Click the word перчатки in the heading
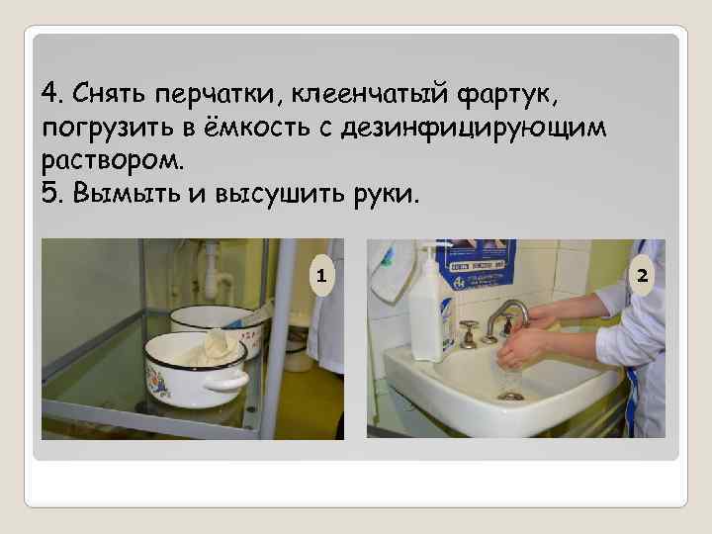tap(216, 95)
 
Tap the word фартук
tap(506, 95)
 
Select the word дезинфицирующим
tap(474, 129)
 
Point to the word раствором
tap(113, 161)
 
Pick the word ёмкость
tap(256, 127)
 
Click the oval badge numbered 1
tap(321, 275)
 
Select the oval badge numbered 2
tap(642, 275)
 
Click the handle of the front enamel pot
tap(226, 381)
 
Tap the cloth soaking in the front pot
tap(214, 350)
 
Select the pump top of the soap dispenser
tap(429, 251)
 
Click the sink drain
tap(511, 397)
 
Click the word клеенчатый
tap(369, 94)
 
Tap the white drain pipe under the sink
tap(213, 273)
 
